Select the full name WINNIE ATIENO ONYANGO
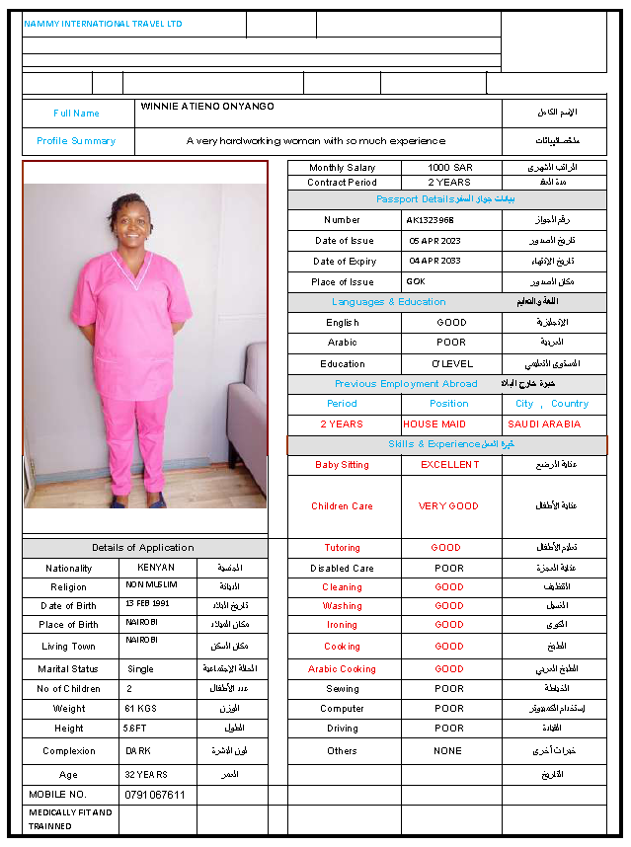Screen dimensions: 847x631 [207, 107]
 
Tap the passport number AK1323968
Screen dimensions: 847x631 [431, 220]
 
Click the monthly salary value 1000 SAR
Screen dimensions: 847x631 [449, 168]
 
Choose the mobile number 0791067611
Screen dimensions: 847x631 [156, 795]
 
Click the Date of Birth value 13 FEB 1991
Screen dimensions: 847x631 [147, 603]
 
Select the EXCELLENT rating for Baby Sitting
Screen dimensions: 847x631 [449, 465]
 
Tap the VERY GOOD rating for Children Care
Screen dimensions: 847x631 [448, 506]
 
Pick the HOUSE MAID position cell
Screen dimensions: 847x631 [434, 424]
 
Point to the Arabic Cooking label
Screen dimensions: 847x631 [342, 669]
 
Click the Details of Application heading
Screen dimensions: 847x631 [143, 548]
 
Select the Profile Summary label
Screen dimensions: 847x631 [76, 141]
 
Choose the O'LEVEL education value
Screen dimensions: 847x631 [450, 364]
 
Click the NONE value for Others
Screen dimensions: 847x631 [447, 751]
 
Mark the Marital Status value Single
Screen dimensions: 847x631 [140, 669]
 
